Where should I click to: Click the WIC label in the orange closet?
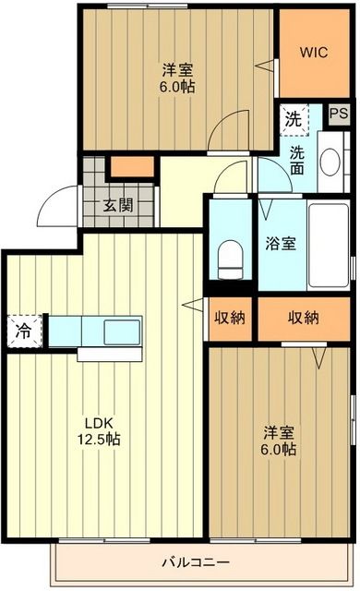point(312,53)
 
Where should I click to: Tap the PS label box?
point(338,114)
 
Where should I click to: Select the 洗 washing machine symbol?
point(293,118)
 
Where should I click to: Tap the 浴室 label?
point(281,244)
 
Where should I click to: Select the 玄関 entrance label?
point(117,205)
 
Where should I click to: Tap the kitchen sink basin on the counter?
point(121,331)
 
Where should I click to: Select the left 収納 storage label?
point(230,318)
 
